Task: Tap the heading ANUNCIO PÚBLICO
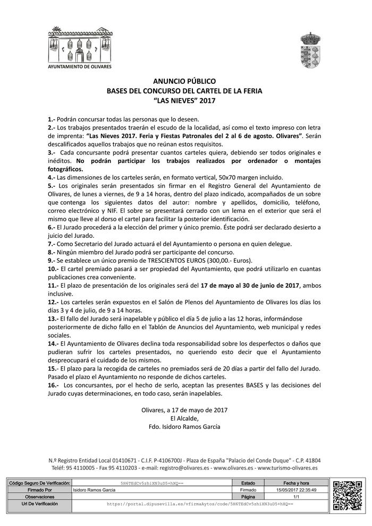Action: pyautogui.click(x=184, y=82)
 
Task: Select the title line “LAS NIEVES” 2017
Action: pyautogui.click(x=184, y=100)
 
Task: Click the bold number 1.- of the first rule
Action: pyautogui.click(x=52, y=119)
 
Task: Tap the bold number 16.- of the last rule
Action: pyautogui.click(x=53, y=385)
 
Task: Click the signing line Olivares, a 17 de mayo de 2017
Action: pyautogui.click(x=184, y=410)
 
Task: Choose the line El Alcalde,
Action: pyautogui.click(x=184, y=418)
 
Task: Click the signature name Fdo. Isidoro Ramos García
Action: pyautogui.click(x=184, y=426)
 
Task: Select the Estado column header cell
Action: pyautogui.click(x=248, y=484)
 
